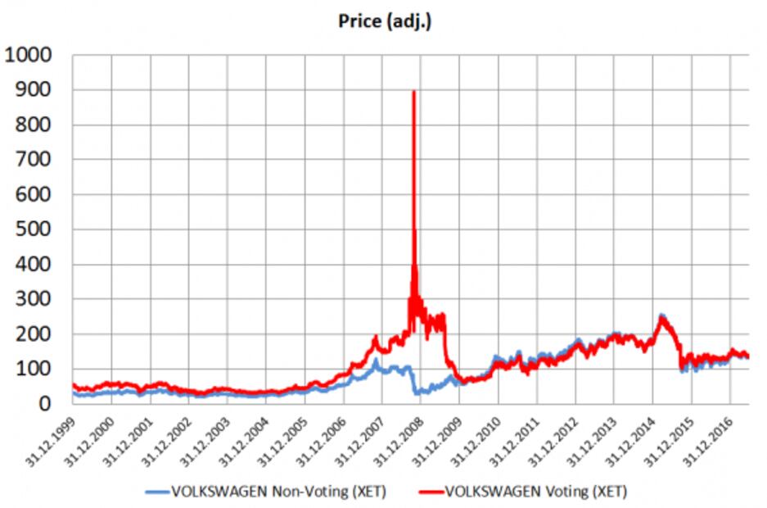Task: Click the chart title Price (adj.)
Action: pos(385,21)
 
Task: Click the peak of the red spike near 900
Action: pos(413,92)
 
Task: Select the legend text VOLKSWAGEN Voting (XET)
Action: pos(536,492)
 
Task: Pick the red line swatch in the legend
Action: pos(430,492)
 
